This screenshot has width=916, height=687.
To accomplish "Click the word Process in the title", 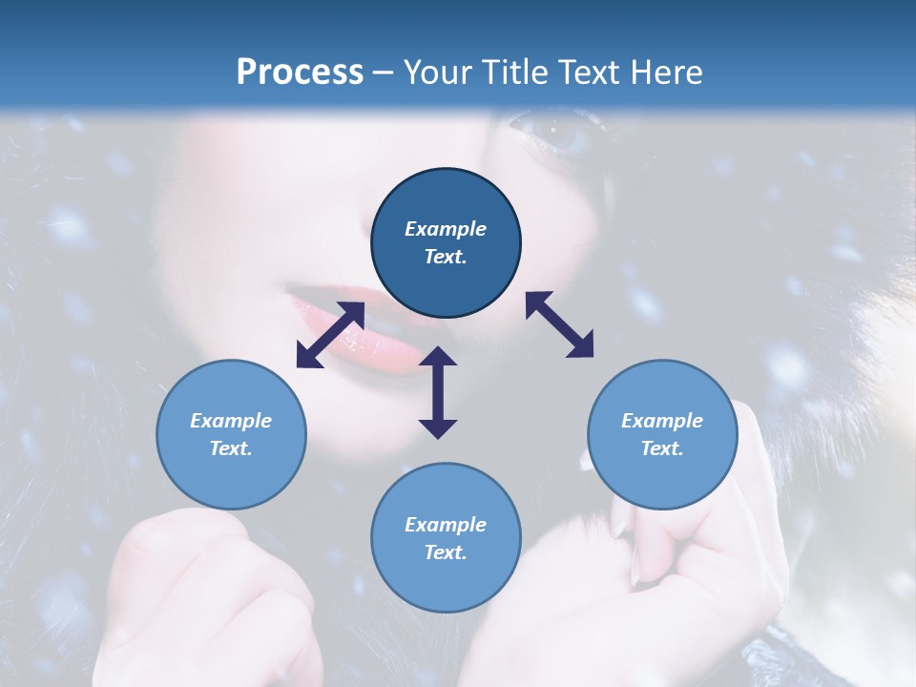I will pos(300,73).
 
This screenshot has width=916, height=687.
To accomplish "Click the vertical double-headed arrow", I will pos(438,392).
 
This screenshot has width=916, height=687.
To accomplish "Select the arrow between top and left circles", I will pos(330,335).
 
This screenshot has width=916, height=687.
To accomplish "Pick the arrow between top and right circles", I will pos(560,324).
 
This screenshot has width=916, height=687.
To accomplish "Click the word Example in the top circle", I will pos(446,229).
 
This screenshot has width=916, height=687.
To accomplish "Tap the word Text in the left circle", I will pos(231,448).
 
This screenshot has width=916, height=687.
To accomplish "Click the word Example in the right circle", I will pos(662,421).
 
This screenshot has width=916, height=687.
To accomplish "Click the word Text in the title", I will pos(592,73).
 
